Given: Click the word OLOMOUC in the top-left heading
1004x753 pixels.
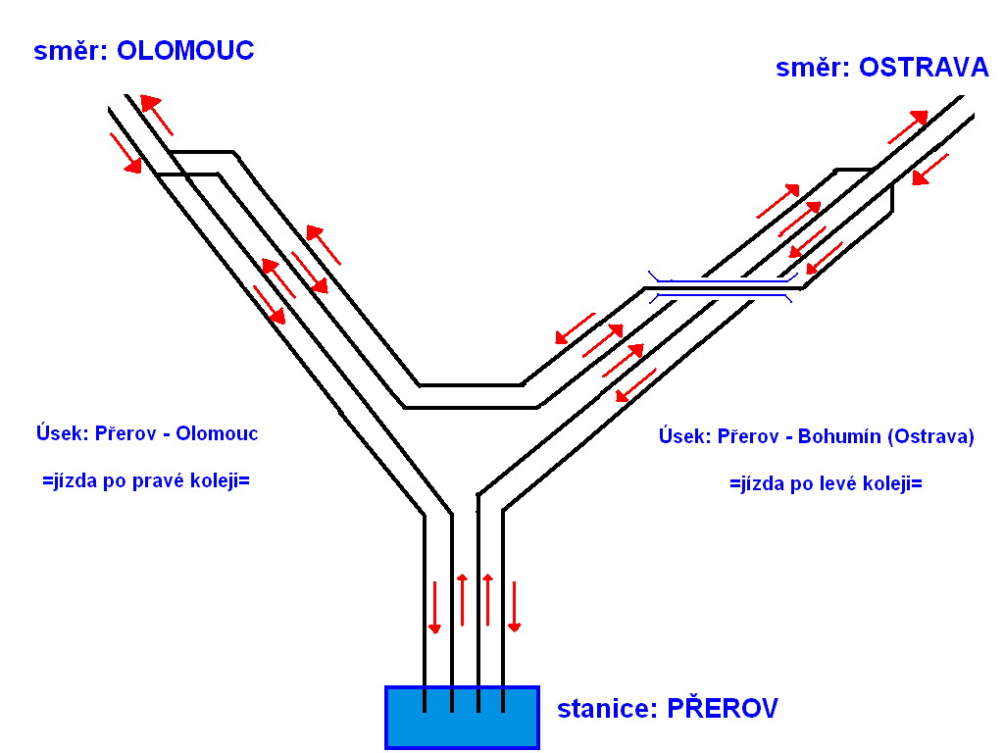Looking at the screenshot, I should point(185,51).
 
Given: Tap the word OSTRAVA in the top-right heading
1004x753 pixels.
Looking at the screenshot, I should point(924,68).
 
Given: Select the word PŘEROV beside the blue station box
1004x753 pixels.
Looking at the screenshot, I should point(723,709).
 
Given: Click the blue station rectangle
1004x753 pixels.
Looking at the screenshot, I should point(462,717).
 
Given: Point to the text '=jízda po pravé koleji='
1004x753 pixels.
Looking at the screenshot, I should point(146,481).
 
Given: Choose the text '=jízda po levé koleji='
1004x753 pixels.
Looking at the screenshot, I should point(827,483).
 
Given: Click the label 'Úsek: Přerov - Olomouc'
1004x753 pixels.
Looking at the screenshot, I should point(146,432).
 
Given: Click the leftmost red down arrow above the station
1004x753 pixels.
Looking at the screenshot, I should point(435,606).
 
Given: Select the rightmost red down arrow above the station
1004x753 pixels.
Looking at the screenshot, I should point(513,606).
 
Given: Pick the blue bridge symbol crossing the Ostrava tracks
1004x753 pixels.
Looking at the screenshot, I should point(721,286).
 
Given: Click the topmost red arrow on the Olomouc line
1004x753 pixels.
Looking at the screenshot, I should point(157,114).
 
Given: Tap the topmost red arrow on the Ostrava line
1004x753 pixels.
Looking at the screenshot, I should point(907,127).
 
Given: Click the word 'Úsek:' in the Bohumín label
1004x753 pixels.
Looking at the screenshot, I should point(684,437).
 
